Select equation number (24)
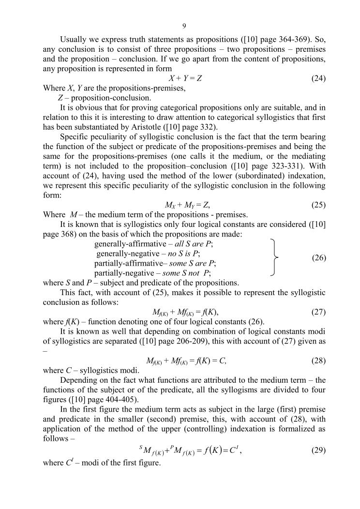[318, 78]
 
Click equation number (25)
[318, 205]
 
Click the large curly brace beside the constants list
[275, 257]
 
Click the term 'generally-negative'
[127, 254]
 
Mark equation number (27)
[318, 312]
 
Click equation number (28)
[318, 360]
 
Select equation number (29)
[318, 450]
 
